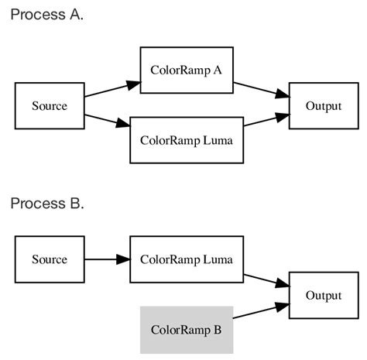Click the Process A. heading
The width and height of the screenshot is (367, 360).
pos(46,15)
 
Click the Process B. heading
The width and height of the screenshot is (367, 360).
pos(46,204)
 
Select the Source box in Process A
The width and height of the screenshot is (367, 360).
pos(50,105)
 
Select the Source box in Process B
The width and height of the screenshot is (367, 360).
pos(50,259)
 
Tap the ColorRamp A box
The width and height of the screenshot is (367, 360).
pos(186,70)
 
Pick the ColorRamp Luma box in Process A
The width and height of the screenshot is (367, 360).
pos(186,141)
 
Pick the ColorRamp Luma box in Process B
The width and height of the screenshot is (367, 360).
pos(186,259)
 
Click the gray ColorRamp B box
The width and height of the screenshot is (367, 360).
pos(186,330)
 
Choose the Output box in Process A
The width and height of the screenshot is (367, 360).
pos(324,105)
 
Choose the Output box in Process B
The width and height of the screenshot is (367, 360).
pos(324,296)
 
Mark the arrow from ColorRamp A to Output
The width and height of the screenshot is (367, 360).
pos(261,88)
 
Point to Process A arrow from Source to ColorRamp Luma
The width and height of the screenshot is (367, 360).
pos(107,120)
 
